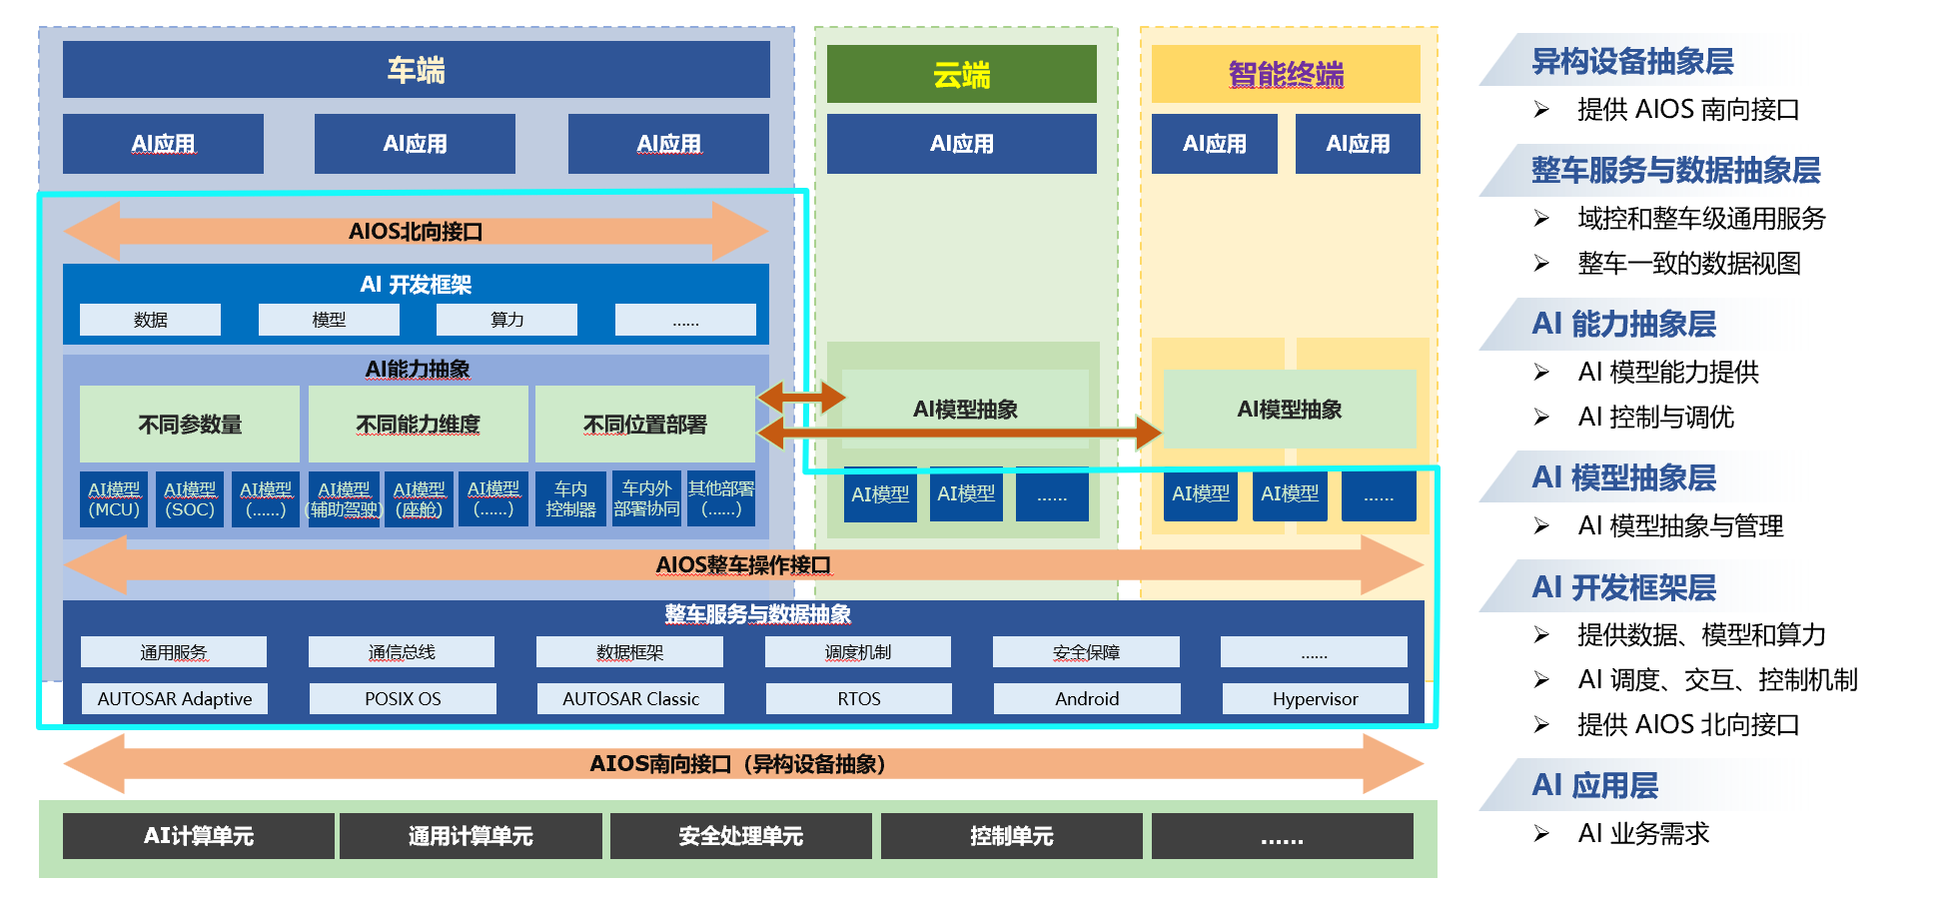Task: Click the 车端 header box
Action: coord(416,70)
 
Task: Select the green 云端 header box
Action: coord(961,75)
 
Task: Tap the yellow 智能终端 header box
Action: coord(1286,75)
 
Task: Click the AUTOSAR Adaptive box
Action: coord(175,699)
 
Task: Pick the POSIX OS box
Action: coord(403,699)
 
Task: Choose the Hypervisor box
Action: coord(1315,699)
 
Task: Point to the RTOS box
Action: coord(859,699)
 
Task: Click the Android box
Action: coord(1087,699)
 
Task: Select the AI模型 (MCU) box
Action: coord(114,499)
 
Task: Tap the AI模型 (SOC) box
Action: coord(190,499)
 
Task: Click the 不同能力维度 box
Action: coord(418,425)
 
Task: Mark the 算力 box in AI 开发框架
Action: coord(506,320)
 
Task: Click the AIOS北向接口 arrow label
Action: coord(416,232)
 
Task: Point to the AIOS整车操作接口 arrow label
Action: coord(743,565)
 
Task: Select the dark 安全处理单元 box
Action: coord(740,836)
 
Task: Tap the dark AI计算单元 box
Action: coord(198,836)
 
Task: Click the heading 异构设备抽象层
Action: coord(1632,62)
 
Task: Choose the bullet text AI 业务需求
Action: coord(1643,833)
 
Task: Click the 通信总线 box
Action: coord(402,652)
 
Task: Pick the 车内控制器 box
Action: coord(570,499)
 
